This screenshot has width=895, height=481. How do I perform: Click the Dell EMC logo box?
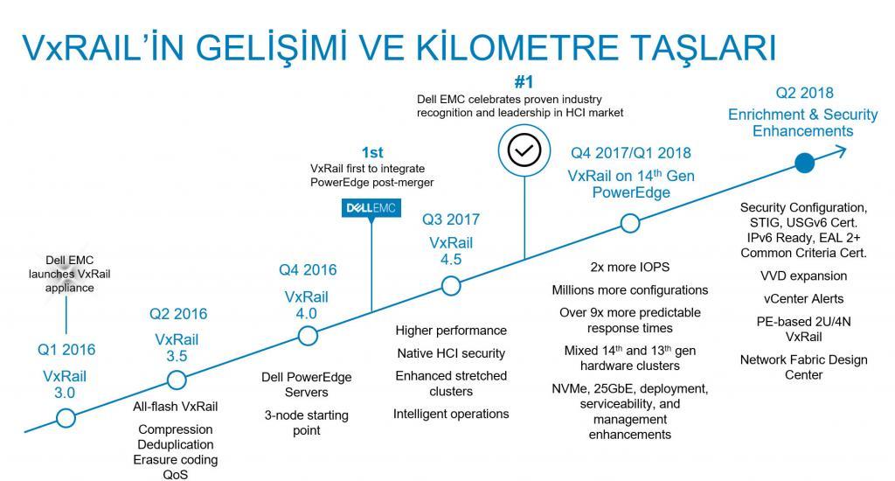point(371,208)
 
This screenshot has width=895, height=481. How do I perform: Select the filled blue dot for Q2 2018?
point(804,164)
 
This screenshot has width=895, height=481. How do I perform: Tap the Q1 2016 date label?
point(66,350)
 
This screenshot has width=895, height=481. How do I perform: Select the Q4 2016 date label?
point(308,269)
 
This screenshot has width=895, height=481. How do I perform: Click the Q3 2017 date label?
point(451,220)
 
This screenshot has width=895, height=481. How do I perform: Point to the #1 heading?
point(524,82)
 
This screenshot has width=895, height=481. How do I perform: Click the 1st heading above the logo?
point(372,152)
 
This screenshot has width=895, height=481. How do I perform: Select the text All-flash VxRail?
point(175,407)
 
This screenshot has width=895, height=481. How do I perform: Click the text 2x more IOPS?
point(629,268)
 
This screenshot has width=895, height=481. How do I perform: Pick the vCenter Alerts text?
point(803,299)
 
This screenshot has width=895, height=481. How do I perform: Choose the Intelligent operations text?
point(451,415)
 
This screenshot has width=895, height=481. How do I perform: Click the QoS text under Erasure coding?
point(175,475)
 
